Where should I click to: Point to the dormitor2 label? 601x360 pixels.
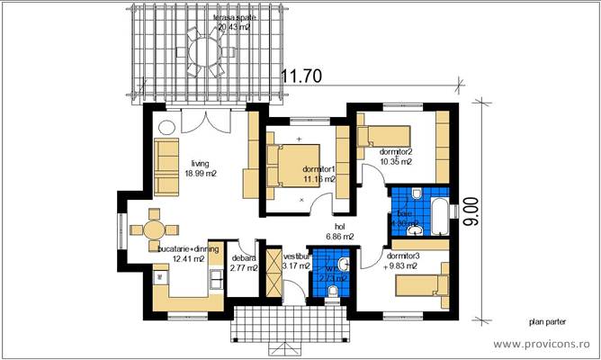point(395,151)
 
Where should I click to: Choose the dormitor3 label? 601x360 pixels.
point(403,255)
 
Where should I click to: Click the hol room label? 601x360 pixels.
point(338,227)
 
